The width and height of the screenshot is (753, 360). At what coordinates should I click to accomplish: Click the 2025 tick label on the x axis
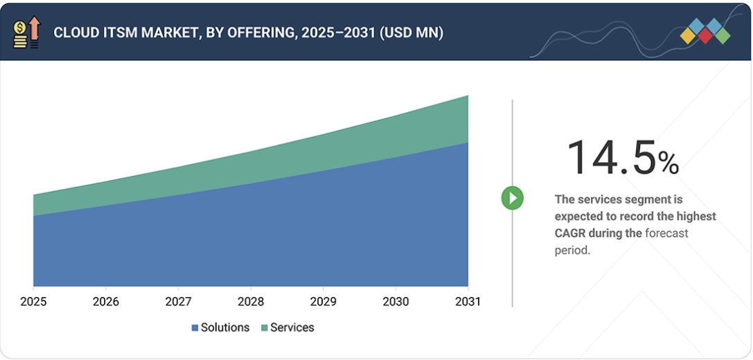pos(33,302)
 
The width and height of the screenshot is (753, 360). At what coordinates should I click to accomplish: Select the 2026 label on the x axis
pos(105,302)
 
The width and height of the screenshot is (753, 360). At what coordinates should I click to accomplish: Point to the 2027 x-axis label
pos(178,302)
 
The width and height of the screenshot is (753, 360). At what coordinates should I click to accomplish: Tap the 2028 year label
pos(251,302)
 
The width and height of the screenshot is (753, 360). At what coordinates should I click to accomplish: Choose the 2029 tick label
pos(323,302)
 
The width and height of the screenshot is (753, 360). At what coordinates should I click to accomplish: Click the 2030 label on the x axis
pos(396,302)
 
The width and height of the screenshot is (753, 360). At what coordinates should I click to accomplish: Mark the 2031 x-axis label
pos(468,302)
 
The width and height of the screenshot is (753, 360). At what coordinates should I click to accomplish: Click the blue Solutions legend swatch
pos(195,328)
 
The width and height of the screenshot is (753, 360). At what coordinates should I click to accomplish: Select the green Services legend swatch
pos(264,328)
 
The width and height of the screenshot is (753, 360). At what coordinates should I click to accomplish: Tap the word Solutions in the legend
pos(224,327)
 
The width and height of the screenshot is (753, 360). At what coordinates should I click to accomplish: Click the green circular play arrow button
pos(513,199)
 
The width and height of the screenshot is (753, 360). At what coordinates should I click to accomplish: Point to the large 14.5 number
pos(611,158)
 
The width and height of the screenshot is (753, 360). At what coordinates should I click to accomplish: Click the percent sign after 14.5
pos(668,163)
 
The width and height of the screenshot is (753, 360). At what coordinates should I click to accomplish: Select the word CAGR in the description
pos(570,233)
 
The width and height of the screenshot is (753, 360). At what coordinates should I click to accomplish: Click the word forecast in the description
pos(666,233)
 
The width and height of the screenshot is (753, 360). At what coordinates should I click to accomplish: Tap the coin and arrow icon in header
pos(27,33)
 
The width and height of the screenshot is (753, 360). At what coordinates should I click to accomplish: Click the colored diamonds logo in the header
pos(705,31)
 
